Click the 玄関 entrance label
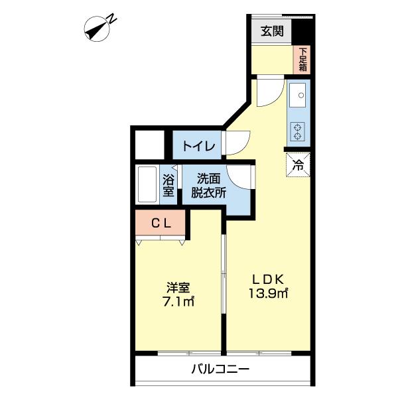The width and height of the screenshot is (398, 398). coord(271,31)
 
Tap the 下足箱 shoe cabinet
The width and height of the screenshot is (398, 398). coord(302,59)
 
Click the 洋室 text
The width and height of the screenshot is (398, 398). coord(178,287)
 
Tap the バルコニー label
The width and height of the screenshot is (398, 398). coord(221,369)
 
